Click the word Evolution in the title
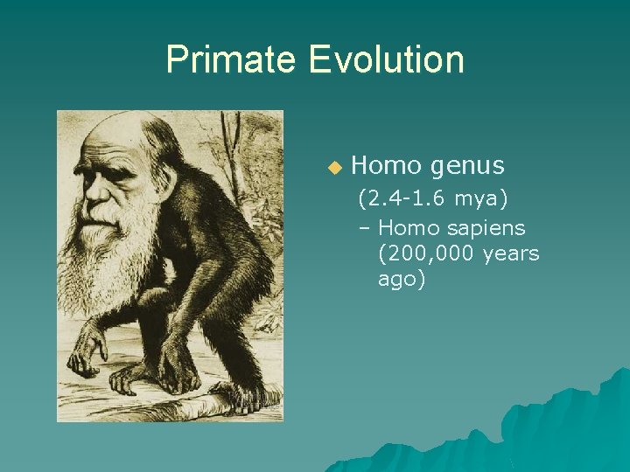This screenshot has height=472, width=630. coord(386,59)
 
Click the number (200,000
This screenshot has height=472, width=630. coord(418,254)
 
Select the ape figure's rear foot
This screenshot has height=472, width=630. coord(236,399)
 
